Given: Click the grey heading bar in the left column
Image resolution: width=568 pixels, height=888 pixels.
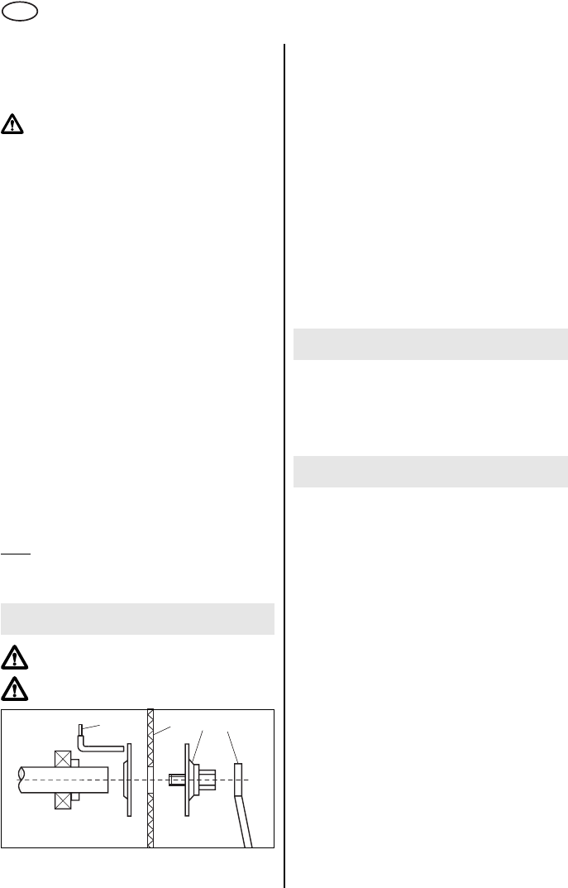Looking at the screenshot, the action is [x=138, y=618].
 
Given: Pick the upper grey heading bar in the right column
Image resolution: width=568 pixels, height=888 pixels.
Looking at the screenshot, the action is [x=431, y=343].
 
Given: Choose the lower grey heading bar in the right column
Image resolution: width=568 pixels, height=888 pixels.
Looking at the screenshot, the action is [x=431, y=471].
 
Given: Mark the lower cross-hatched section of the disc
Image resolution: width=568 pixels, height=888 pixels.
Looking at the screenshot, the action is [x=150, y=819].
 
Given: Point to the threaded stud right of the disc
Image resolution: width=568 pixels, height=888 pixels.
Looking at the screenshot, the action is [x=174, y=780].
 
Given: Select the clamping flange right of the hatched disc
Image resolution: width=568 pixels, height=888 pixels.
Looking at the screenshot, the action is [x=193, y=780].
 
